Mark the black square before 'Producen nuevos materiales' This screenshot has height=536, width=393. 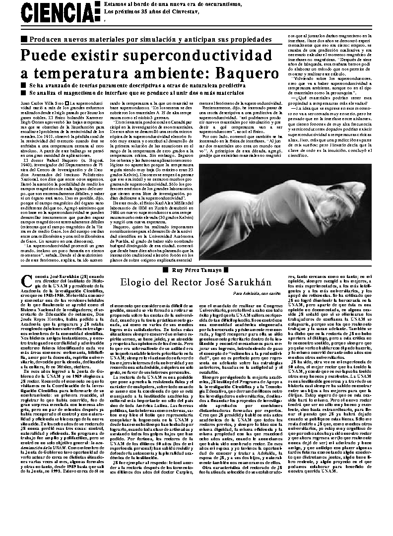23,39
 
